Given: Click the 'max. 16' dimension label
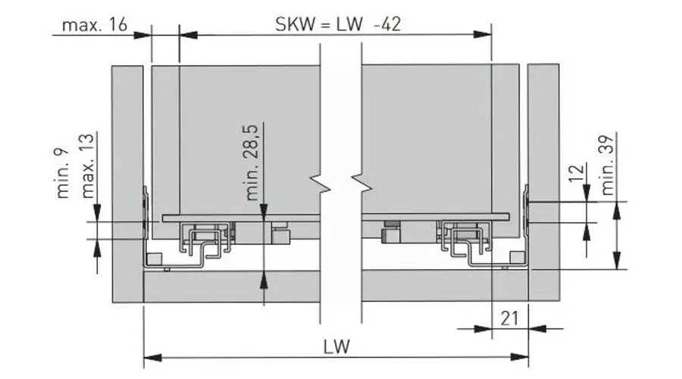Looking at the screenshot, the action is pyautogui.click(x=95, y=25).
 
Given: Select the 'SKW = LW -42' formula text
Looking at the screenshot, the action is pyautogui.click(x=338, y=24).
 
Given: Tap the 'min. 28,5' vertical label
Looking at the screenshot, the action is pyautogui.click(x=252, y=163).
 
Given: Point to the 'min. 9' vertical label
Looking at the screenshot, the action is pyautogui.click(x=63, y=173).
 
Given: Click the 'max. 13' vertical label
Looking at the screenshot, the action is pyautogui.click(x=87, y=166).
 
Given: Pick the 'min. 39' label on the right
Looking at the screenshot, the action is pyautogui.click(x=607, y=165).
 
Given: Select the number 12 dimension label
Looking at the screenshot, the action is pyautogui.click(x=576, y=174).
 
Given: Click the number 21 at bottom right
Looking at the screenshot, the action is pyautogui.click(x=509, y=319).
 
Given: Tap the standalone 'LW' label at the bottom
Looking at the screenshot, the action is pyautogui.click(x=336, y=347).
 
